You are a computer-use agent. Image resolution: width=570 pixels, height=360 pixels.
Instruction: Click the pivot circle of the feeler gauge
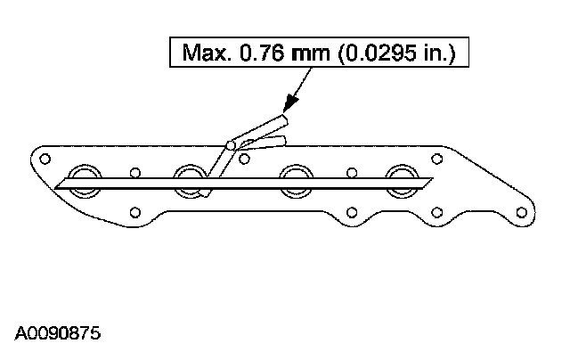point(232,143)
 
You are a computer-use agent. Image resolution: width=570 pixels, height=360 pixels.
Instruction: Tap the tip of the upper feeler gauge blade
point(284,119)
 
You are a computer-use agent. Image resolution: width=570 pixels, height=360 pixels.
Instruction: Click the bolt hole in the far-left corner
point(42,158)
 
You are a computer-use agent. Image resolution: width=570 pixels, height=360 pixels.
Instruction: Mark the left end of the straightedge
point(57,186)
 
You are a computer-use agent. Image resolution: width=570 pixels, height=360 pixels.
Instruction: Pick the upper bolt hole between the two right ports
point(351,173)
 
